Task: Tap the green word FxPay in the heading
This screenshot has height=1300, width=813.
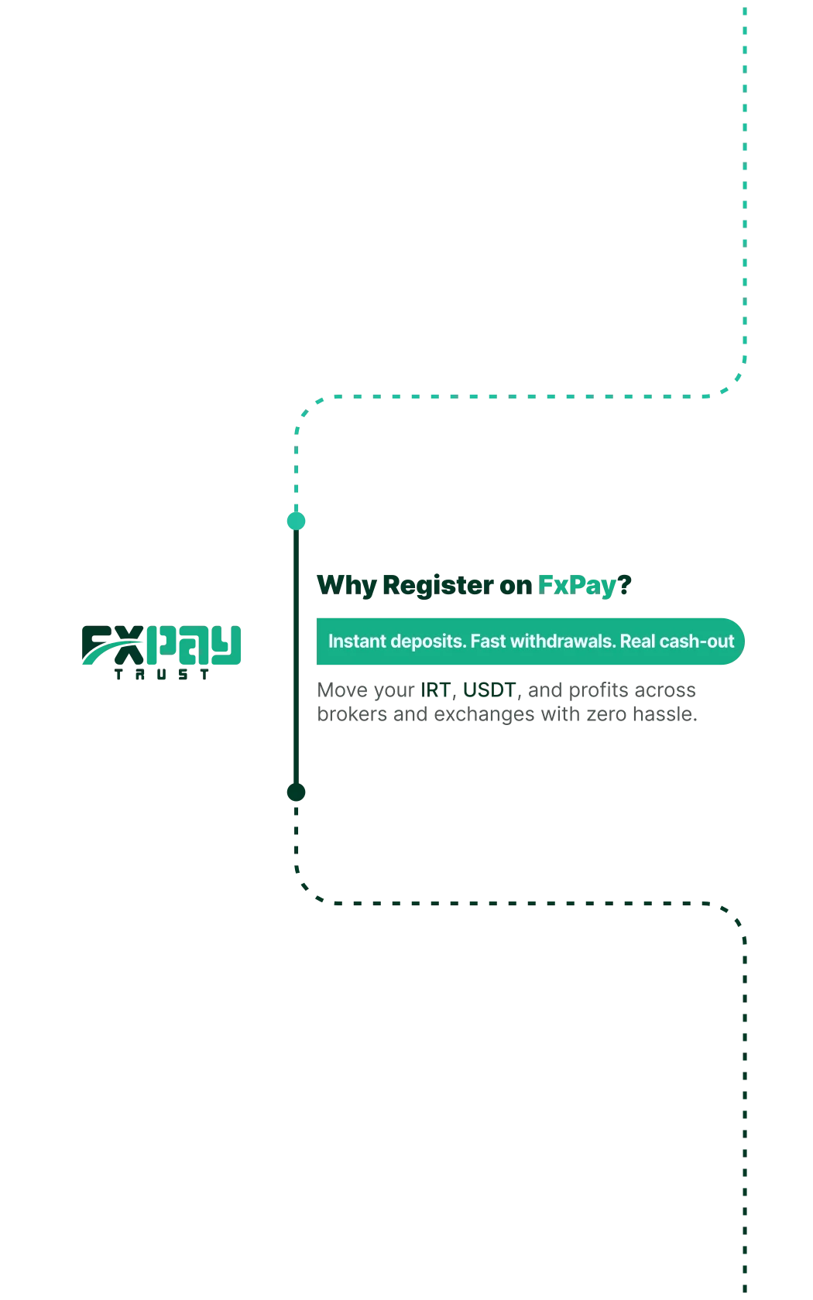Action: (577, 586)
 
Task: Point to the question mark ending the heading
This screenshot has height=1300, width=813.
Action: (624, 584)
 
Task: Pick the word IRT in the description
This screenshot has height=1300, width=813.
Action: (435, 690)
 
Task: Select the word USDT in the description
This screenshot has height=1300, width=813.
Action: (489, 690)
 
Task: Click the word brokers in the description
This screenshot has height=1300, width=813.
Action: (352, 713)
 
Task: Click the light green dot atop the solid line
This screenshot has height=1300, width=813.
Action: (296, 522)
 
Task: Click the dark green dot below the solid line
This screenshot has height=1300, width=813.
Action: (296, 792)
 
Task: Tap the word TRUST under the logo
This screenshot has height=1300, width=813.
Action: (161, 675)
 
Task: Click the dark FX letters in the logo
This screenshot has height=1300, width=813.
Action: (113, 645)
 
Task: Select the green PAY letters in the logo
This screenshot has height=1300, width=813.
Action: (194, 645)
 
